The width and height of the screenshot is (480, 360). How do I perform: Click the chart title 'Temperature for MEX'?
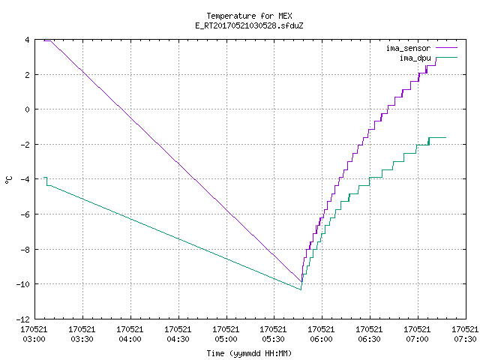[x=249, y=16]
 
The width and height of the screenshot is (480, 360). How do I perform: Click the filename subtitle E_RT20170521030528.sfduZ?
[x=249, y=25]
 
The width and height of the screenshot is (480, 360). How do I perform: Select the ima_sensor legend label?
[x=408, y=48]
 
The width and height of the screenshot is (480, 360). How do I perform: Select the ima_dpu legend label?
[x=415, y=58]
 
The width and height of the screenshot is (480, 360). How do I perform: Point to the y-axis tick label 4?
[x=28, y=40]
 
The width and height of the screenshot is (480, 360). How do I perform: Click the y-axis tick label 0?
[x=28, y=109]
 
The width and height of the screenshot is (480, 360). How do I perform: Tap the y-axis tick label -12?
[x=23, y=319]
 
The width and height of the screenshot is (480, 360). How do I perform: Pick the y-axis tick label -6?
[x=25, y=214]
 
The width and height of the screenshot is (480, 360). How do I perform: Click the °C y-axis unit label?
[x=8, y=180]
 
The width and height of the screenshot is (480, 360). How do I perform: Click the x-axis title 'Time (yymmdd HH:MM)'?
[x=249, y=353]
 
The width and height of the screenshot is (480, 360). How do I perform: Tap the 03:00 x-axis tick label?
[x=34, y=339]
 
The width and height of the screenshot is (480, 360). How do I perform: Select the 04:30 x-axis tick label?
[x=178, y=339]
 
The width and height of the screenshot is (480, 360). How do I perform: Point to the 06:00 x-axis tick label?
[x=321, y=339]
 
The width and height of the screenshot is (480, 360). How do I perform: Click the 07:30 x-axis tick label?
[x=465, y=339]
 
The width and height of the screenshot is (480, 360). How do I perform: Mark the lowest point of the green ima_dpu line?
[x=301, y=289]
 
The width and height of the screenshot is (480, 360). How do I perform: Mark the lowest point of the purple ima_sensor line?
[x=301, y=282]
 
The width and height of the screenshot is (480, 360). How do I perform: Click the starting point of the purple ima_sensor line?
[x=44, y=40]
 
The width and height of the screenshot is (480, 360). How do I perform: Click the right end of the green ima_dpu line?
[x=445, y=138]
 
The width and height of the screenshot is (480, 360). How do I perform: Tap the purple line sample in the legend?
[x=447, y=48]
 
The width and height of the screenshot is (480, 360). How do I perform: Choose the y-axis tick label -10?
[x=23, y=284]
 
